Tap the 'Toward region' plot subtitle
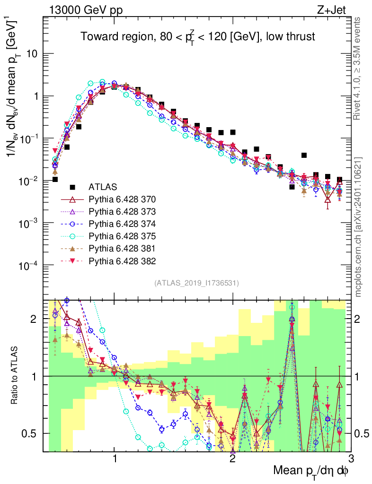click(x=197, y=37)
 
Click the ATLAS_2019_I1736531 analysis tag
click(x=196, y=283)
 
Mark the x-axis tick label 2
click(x=232, y=459)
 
